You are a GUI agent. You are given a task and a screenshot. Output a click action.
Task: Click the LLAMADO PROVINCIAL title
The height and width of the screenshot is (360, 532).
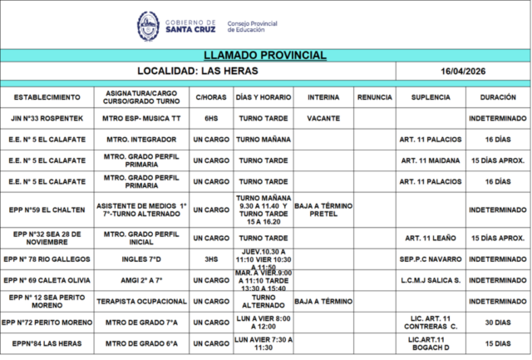(265, 56)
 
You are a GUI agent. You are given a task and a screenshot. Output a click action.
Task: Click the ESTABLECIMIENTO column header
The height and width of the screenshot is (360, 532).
(47, 97)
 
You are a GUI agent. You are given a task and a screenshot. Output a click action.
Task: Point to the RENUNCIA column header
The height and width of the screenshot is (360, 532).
(374, 97)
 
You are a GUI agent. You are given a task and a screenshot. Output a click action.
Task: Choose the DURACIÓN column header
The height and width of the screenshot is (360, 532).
(497, 97)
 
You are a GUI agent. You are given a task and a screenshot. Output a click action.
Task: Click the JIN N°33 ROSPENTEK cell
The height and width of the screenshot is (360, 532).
(47, 119)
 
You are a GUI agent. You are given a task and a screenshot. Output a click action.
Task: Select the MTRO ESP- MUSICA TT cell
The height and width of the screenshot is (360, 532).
(141, 119)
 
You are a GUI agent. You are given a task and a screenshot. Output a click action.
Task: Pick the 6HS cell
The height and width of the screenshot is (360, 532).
(211, 119)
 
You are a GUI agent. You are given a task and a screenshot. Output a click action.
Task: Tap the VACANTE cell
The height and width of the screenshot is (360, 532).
(323, 119)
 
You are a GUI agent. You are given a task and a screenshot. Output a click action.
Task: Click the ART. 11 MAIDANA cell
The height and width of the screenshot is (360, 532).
(431, 160)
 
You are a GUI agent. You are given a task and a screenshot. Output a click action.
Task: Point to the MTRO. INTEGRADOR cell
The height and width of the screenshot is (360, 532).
(141, 140)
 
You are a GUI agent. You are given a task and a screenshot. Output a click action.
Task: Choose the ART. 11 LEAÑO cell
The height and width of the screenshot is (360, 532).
(431, 238)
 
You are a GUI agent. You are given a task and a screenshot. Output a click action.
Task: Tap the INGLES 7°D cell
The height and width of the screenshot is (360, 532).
(141, 259)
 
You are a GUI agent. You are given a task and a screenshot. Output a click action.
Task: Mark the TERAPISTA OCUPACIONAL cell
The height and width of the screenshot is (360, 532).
(141, 300)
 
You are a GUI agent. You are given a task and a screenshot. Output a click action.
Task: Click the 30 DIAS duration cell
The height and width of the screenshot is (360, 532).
(497, 322)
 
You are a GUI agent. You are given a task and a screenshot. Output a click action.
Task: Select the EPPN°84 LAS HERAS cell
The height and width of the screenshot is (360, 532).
(47, 343)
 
